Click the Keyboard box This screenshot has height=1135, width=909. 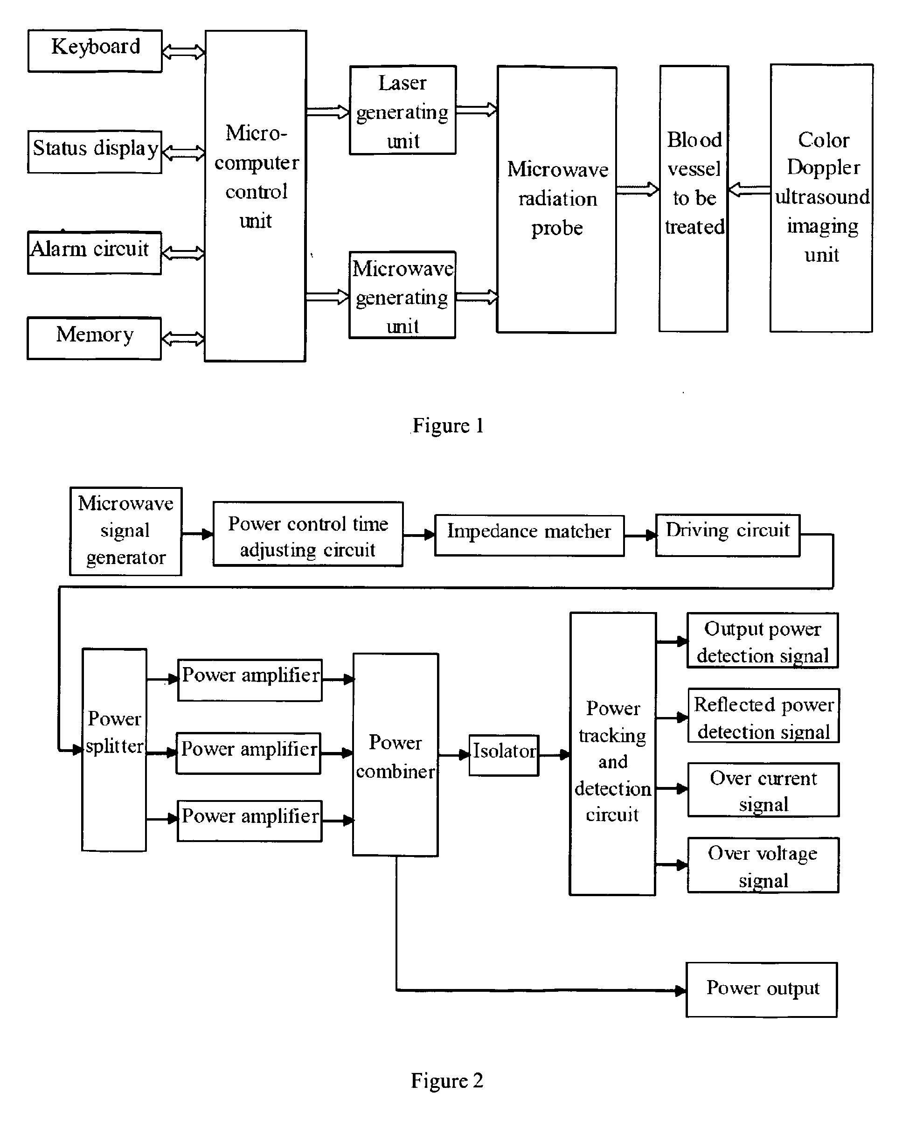click(95, 50)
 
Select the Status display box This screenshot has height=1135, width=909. click(95, 152)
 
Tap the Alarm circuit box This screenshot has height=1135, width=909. click(95, 253)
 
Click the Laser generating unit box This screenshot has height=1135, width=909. click(402, 110)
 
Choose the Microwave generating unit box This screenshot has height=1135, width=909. click(402, 295)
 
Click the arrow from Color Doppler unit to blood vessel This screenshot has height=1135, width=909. click(749, 189)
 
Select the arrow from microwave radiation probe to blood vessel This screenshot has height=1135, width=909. click(638, 189)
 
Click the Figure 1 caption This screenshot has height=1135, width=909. click(448, 425)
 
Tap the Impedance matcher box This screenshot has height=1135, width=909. click(529, 536)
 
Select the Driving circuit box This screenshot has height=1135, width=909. click(728, 536)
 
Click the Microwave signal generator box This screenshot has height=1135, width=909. click(126, 531)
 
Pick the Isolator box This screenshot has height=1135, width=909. click(504, 755)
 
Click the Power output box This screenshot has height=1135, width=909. click(762, 990)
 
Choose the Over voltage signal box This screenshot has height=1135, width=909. click(763, 865)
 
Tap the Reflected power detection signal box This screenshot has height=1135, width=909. click(764, 716)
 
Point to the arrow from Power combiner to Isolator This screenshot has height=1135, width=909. click(454, 755)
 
